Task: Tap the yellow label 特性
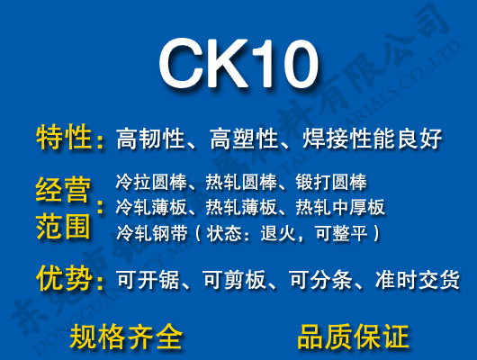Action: [x=64, y=138]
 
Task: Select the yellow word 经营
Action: [x=64, y=191]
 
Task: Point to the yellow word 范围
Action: [x=64, y=226]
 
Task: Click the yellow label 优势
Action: [x=64, y=278]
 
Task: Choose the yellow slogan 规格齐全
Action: [x=126, y=336]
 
